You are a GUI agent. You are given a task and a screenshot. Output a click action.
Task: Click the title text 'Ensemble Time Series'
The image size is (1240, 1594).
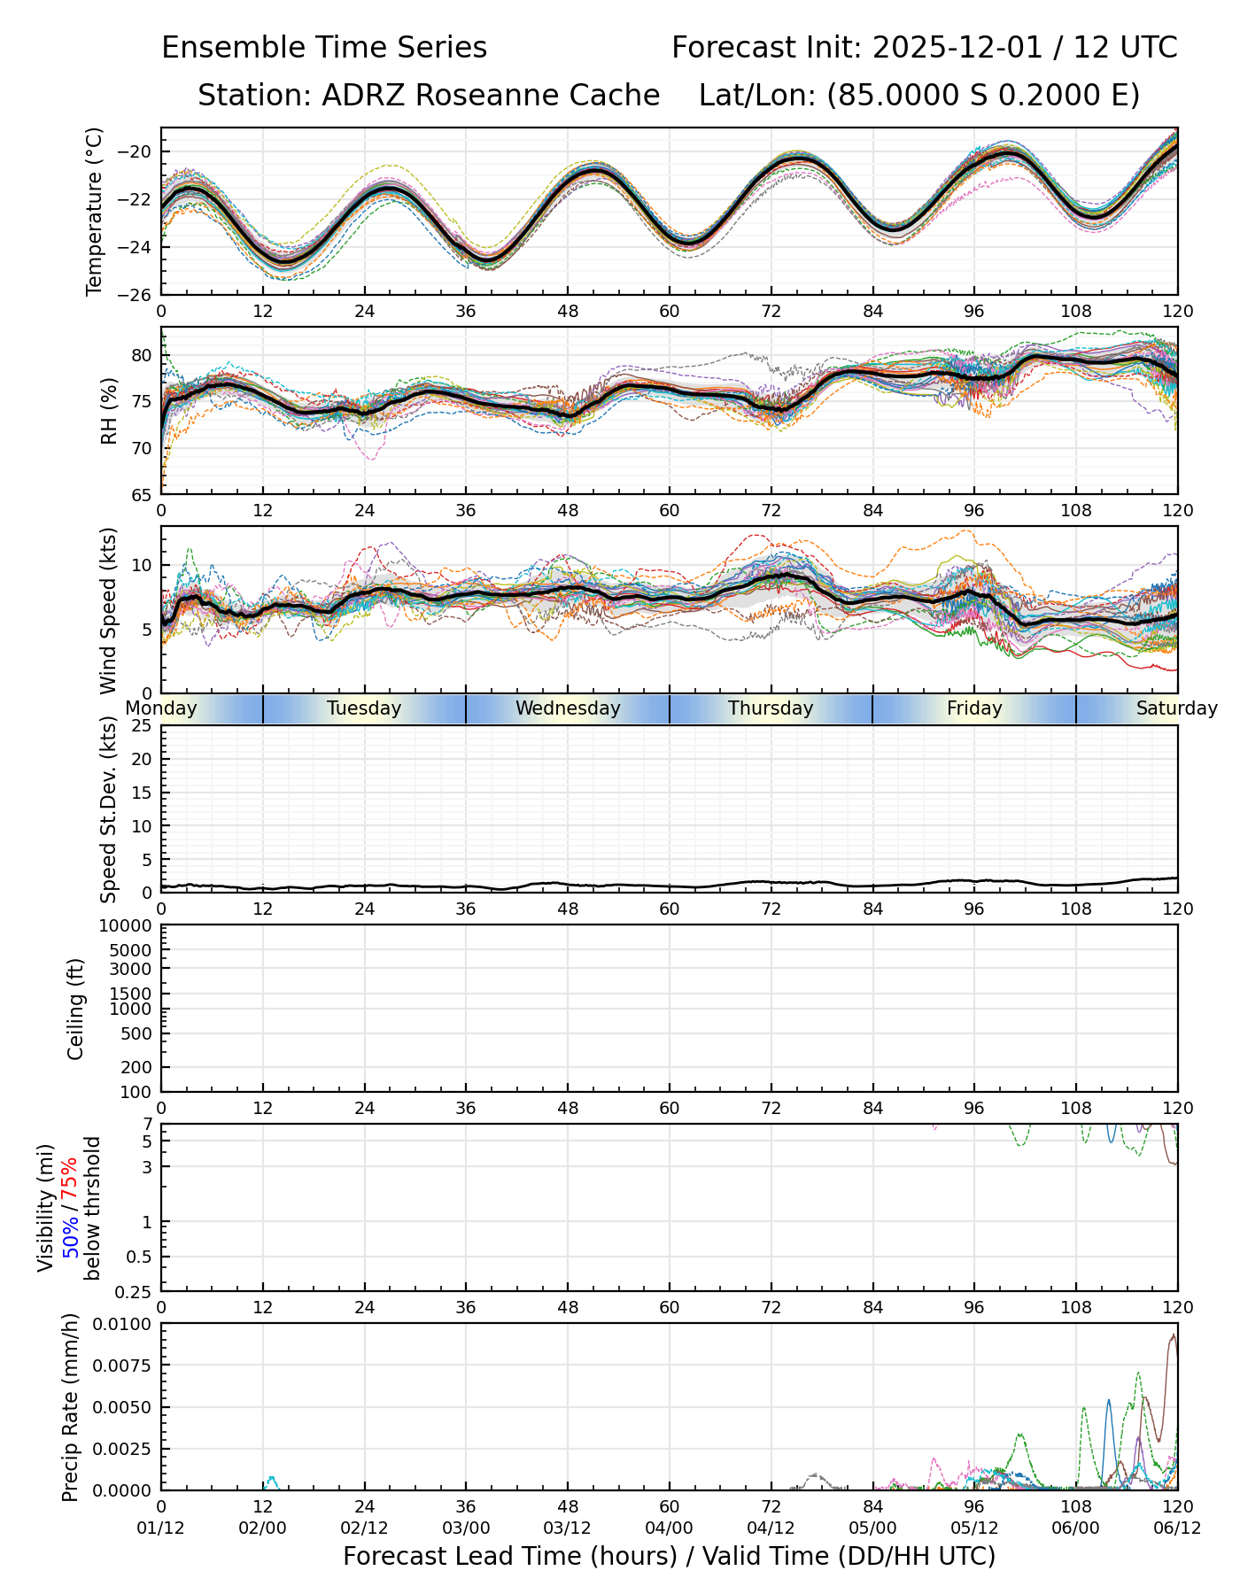pos(324,48)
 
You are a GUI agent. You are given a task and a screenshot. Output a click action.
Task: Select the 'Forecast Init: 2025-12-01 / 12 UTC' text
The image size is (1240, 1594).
pos(924,48)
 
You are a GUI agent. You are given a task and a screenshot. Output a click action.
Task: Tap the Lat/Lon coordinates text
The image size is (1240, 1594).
pos(918,96)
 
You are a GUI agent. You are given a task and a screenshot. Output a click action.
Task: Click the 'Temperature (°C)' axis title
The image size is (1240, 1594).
pos(95,211)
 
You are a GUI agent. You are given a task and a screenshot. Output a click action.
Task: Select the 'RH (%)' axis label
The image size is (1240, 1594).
pos(110,410)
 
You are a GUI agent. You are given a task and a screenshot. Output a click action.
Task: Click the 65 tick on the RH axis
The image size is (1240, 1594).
pos(143,494)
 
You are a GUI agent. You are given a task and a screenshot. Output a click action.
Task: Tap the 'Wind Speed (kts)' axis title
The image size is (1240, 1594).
pos(109,610)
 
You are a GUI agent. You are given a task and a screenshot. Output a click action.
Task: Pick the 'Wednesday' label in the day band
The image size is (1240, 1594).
pos(568,708)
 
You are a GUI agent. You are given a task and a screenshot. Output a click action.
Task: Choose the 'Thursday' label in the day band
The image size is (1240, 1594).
pos(771,708)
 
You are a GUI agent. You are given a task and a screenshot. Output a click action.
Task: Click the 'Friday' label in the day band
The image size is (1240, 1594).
pos(974,708)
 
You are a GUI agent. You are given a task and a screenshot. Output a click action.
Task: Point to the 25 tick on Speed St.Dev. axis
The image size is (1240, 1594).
pos(143,726)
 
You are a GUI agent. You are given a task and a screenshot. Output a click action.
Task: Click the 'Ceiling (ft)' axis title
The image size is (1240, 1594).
pos(76,1009)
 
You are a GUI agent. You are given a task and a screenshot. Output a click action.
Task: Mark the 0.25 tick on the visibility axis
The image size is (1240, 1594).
pos(136,1291)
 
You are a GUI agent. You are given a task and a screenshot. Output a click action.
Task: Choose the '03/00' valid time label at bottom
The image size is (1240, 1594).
pos(466,1528)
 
